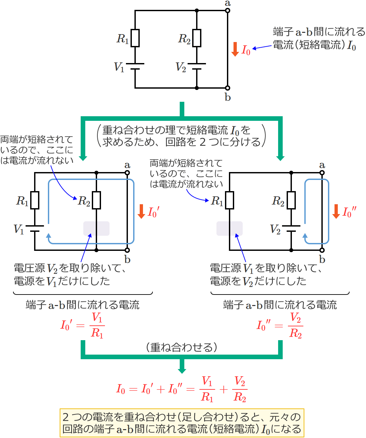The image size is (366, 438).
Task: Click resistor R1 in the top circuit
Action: click(x=135, y=38)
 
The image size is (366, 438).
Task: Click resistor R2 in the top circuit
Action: click(x=197, y=38)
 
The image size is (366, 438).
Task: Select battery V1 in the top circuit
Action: click(x=135, y=66)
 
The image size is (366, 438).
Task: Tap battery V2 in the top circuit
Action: click(x=197, y=66)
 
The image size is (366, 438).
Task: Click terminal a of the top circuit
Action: click(x=228, y=11)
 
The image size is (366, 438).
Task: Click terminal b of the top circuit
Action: click(x=228, y=88)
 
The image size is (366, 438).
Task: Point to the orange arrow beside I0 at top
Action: click(x=235, y=49)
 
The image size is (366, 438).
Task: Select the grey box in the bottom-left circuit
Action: click(x=96, y=229)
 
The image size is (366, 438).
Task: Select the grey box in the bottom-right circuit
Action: click(x=230, y=229)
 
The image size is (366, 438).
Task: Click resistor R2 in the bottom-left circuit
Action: click(x=96, y=200)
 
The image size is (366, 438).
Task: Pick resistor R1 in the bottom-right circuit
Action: click(x=230, y=200)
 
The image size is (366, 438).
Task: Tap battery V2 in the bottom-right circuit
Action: click(x=291, y=229)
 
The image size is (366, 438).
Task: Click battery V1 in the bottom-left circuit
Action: click(x=35, y=229)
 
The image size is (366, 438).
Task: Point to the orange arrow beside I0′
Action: click(x=141, y=211)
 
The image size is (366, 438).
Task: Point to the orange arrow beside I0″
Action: click(x=336, y=211)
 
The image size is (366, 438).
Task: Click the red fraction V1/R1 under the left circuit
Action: click(x=97, y=326)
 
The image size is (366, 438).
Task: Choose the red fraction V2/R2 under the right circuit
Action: click(x=295, y=326)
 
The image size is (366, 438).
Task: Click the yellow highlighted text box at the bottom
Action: click(x=182, y=423)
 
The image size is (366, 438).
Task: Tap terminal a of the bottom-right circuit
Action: click(x=322, y=173)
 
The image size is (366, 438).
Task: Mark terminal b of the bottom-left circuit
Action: click(x=127, y=250)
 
